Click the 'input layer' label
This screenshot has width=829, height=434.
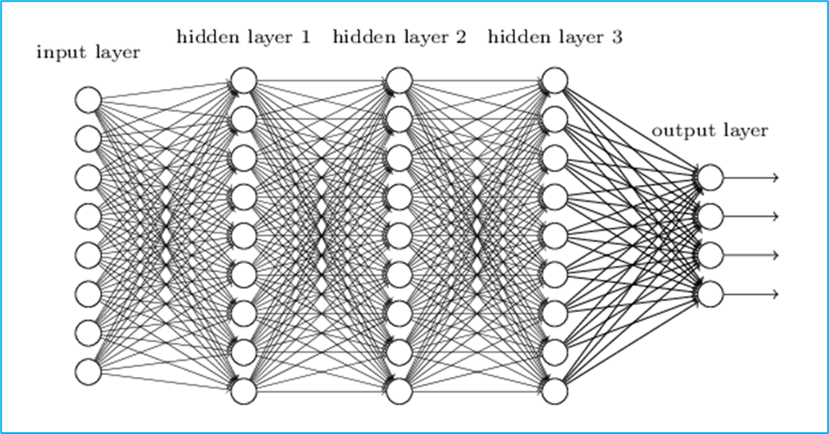pyautogui.click(x=88, y=53)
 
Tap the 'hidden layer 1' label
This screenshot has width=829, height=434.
pyautogui.click(x=243, y=37)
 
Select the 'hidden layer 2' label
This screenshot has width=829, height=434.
pyautogui.click(x=399, y=37)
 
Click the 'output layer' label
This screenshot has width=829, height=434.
pyautogui.click(x=710, y=131)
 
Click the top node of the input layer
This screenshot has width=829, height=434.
pyautogui.click(x=88, y=99)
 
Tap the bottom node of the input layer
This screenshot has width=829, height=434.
pyautogui.click(x=88, y=371)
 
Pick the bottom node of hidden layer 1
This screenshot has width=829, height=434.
pyautogui.click(x=243, y=389)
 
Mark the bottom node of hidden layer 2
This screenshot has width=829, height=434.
pyautogui.click(x=398, y=389)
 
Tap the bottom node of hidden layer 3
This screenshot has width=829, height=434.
pyautogui.click(x=554, y=389)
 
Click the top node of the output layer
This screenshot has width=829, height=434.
pyautogui.click(x=710, y=177)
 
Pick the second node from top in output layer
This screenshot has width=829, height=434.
pyautogui.click(x=710, y=216)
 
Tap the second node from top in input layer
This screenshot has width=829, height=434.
pyautogui.click(x=88, y=139)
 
